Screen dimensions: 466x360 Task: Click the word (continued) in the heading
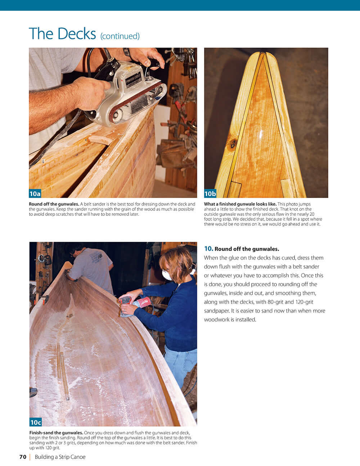[120, 36]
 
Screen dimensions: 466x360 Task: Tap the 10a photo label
[35, 194]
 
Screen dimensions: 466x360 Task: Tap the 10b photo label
[210, 194]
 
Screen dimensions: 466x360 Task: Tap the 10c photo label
[36, 422]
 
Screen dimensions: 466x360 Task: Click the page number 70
[23, 457]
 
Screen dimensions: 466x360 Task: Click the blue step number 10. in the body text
[208, 248]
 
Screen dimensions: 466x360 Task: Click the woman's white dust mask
[167, 275]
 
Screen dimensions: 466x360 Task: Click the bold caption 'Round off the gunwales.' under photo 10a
[54, 204]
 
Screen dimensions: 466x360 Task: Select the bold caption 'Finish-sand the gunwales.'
[56, 433]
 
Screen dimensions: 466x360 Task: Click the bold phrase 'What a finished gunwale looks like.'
[240, 204]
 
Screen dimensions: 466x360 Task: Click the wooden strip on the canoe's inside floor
[64, 375]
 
